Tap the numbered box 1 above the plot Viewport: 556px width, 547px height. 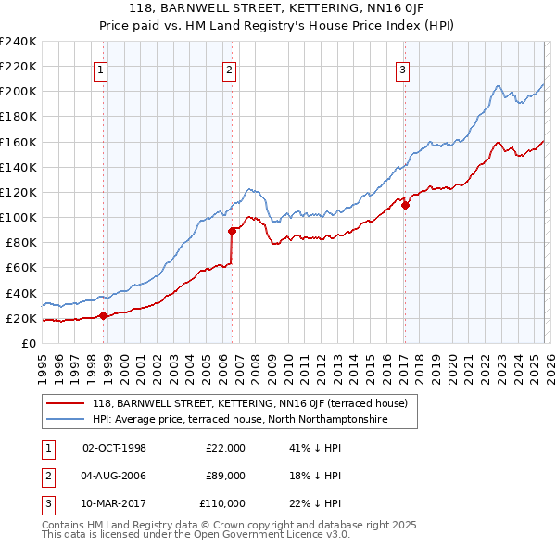[99, 69]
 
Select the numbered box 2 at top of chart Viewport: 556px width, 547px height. [229, 69]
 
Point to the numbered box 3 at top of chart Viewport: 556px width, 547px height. [403, 69]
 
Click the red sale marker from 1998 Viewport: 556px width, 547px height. [103, 315]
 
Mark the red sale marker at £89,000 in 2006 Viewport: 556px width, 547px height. [232, 232]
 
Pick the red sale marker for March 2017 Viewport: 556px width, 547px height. [405, 205]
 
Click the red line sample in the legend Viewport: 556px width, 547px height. [67, 403]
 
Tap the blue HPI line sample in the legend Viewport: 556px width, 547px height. [67, 419]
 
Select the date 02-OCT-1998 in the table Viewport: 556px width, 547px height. [114, 448]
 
